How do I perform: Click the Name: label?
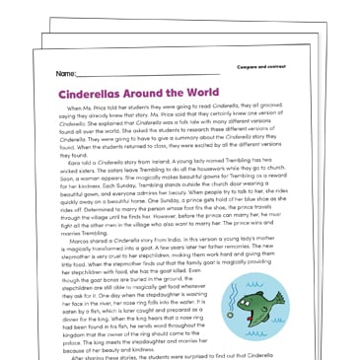(x=66, y=74)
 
